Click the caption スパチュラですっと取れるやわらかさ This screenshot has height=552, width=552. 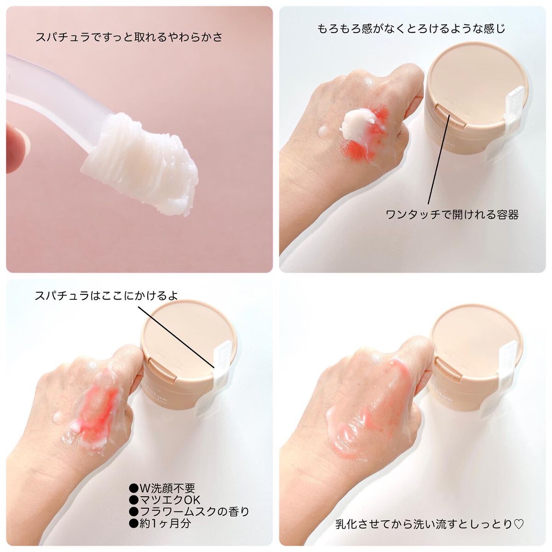129,38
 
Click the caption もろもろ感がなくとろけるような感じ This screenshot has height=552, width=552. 411,29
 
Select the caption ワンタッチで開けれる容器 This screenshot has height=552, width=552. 452,214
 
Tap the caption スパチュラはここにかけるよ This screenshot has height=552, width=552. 106,296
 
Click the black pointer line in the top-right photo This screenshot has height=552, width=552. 439,158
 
